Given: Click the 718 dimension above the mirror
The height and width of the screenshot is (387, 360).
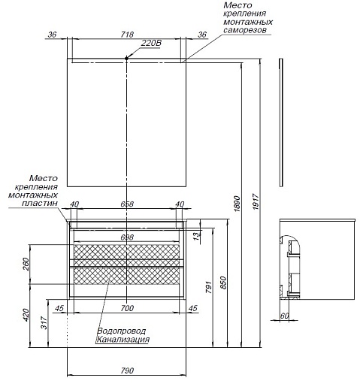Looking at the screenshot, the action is click(127, 35).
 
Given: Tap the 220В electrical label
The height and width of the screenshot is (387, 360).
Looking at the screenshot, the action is click(151, 43).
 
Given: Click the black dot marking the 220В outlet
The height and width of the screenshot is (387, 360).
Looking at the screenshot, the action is click(126, 59).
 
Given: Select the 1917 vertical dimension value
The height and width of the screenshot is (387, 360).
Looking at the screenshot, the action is click(256, 201).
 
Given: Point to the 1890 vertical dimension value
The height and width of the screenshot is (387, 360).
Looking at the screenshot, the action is click(237, 204).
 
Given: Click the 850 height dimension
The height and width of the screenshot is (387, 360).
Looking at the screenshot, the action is click(223, 283).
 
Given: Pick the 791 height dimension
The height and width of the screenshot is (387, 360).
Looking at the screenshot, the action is click(208, 287).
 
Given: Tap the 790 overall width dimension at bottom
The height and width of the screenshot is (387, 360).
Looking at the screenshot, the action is click(127, 370).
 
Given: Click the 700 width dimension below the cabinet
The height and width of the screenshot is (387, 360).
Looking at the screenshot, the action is click(127, 308).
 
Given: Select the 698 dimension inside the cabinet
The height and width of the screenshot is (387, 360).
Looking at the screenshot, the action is click(127, 237).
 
